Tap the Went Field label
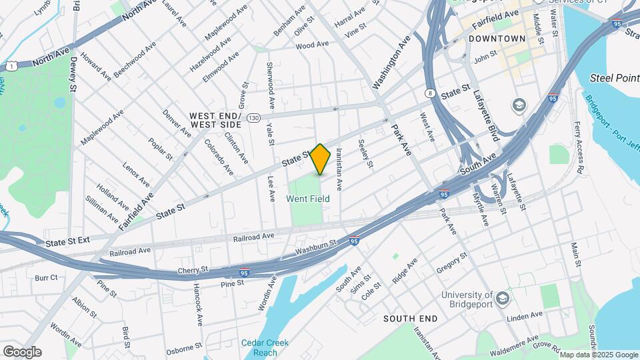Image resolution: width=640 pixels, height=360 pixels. click(306, 199)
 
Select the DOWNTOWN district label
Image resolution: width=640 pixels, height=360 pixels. click(497, 39)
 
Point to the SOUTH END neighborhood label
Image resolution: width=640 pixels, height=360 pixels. click(410, 319)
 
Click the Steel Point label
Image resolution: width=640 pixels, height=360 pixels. click(614, 79)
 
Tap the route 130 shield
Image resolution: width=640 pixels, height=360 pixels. click(253, 117)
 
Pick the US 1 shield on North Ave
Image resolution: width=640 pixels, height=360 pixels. click(11, 65)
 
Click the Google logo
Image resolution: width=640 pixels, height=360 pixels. click(22, 352)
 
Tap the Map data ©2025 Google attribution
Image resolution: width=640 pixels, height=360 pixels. click(598, 354)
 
